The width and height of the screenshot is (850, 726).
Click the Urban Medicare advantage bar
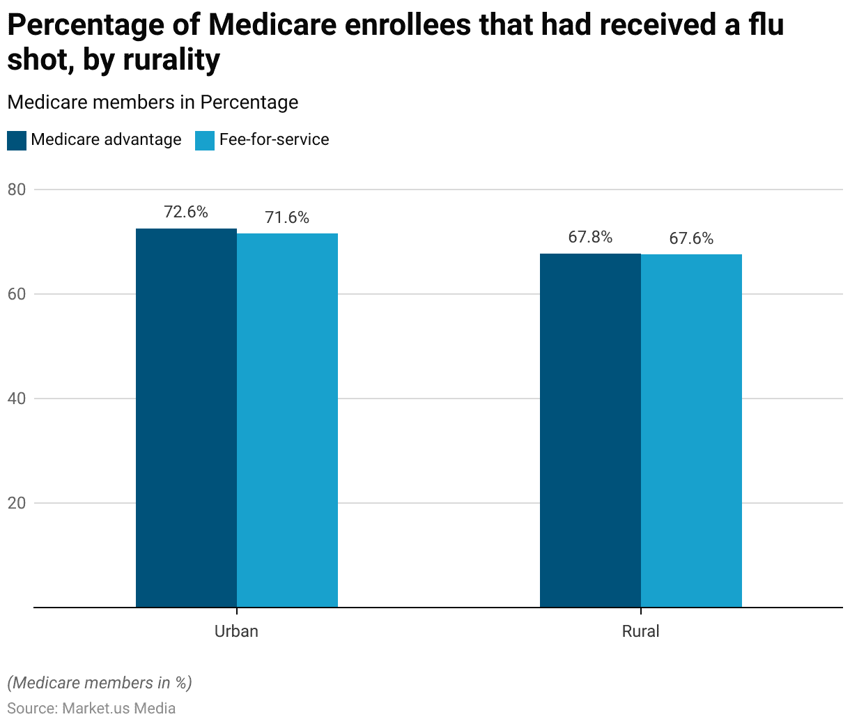pos(186,418)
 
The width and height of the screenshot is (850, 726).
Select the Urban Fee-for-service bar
pos(287,420)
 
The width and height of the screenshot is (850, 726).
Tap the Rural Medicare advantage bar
pos(590,431)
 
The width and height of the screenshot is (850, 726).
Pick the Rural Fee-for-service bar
pos(691,431)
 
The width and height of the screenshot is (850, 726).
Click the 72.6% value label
pos(186,212)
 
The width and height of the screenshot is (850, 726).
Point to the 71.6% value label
pos(287,217)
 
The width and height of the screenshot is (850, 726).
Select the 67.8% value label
pos(590,237)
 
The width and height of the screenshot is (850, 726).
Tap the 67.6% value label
pos(691,238)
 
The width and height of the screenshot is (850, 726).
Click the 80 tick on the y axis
pos(17,190)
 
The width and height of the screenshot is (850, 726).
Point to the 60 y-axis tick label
pos(17,294)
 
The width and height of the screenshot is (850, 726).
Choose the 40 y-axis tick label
pos(17,399)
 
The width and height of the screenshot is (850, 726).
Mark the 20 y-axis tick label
pos(17,503)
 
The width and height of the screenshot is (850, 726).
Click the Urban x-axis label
pos(236,631)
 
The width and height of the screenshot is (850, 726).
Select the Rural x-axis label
pos(640,631)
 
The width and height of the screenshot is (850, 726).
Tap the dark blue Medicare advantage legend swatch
pos(17,140)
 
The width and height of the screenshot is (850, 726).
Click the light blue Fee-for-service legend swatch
pos(205,140)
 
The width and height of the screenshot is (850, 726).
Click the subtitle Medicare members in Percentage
pos(153,102)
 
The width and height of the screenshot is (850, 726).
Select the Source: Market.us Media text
pos(91,709)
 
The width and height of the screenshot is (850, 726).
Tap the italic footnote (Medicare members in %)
pos(100,683)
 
